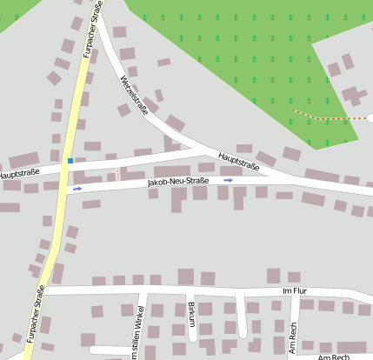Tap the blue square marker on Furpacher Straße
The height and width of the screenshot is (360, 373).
70,161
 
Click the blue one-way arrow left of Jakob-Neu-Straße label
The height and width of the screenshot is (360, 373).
77,188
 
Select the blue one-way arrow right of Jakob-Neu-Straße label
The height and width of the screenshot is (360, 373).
229,180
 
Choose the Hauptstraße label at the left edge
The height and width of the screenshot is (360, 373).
19,175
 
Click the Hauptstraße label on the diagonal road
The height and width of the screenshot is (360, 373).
239,161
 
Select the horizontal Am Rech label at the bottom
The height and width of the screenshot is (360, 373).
333,357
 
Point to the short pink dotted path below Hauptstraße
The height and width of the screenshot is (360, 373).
118,172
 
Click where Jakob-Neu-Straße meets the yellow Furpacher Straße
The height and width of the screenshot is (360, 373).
64,191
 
